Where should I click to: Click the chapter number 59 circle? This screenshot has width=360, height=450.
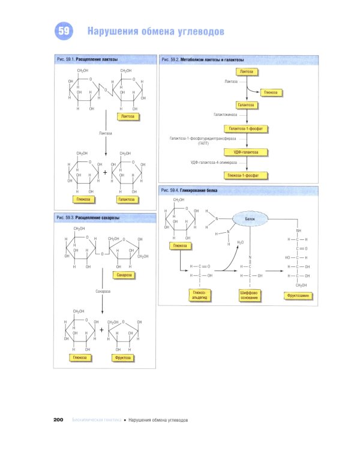[x=64, y=31]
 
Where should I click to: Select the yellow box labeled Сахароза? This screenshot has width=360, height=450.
[x=124, y=274]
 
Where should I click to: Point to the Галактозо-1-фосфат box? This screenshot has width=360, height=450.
[x=246, y=128]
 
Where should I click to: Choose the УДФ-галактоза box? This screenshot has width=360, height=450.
[x=246, y=152]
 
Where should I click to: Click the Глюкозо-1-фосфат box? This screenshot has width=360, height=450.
[x=246, y=175]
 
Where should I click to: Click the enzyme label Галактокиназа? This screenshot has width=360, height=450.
[x=227, y=114]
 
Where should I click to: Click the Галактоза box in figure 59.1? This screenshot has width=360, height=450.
[x=127, y=199]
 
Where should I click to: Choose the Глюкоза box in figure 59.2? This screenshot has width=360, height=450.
[x=271, y=93]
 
